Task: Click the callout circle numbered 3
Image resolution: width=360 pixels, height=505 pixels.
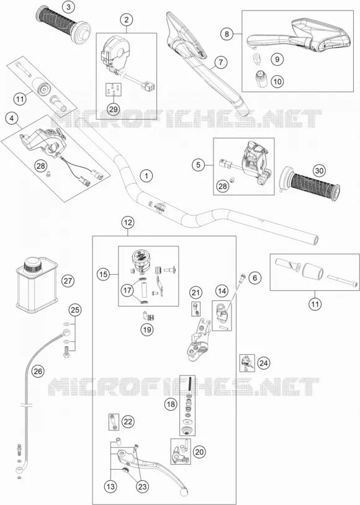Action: tap(68, 7)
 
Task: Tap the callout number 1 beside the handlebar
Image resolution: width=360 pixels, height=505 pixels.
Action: tap(146, 176)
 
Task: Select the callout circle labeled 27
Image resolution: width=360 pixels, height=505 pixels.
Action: tap(68, 281)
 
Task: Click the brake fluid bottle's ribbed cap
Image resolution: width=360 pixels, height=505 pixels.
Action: tap(32, 264)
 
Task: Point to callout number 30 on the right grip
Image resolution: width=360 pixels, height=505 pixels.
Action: tap(319, 171)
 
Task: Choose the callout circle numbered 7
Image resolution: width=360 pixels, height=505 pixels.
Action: tap(221, 62)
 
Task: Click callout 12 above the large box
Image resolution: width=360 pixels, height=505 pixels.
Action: tap(128, 223)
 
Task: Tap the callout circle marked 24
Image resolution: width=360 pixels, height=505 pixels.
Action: tap(264, 364)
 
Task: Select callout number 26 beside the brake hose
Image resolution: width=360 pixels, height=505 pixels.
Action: tap(38, 372)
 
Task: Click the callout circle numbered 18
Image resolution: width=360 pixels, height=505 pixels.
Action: tap(171, 403)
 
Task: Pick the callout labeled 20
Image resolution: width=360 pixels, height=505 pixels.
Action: tap(199, 452)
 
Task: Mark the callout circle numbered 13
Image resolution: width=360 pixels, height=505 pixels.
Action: tap(110, 486)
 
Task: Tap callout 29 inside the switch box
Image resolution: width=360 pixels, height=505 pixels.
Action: tap(114, 109)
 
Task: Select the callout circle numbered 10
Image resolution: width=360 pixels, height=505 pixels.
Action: tap(277, 81)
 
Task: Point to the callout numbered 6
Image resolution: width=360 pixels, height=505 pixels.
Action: tap(255, 277)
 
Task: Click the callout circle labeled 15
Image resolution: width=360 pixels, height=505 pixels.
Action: tap(104, 275)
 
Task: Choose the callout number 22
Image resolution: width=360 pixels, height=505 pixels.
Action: tap(128, 422)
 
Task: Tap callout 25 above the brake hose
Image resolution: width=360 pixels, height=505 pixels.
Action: tap(74, 310)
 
